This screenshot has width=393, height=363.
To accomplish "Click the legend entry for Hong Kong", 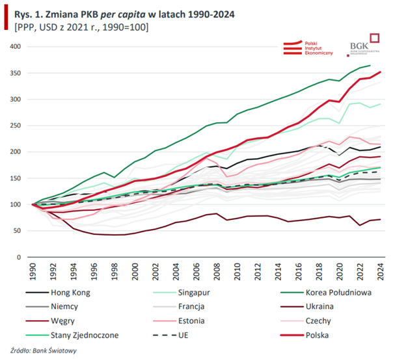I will coord(68,293).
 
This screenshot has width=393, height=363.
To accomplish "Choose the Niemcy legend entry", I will coord(63,307).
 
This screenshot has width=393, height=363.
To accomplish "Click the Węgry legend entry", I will coord(62,321).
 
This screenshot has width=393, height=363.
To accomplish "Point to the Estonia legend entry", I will coord(190,321).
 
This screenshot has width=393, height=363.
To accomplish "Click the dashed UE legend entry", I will coord(182,336).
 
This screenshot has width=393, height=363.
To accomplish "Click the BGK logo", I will coord(365,45).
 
